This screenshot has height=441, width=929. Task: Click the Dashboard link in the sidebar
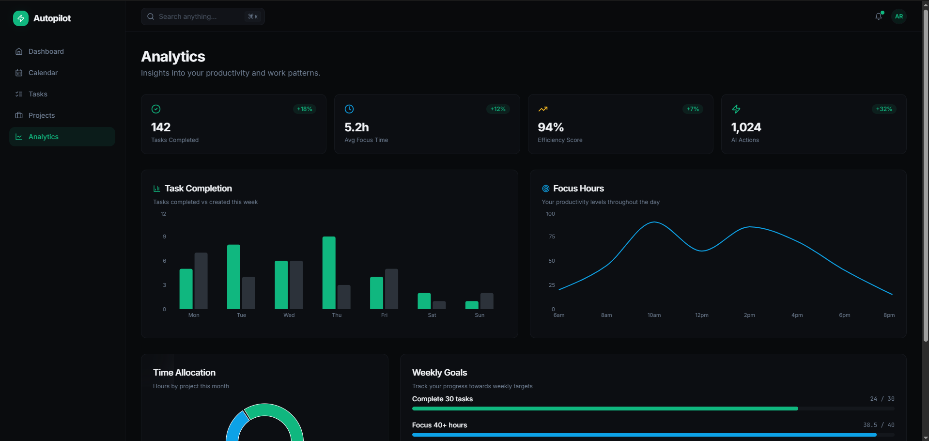tap(46, 51)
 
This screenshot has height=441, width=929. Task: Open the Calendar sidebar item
tap(43, 73)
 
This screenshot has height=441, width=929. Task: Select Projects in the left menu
tap(41, 115)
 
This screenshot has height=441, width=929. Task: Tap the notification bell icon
tap(879, 16)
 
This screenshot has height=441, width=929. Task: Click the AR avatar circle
tap(899, 16)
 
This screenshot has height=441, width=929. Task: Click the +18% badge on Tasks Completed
tap(304, 109)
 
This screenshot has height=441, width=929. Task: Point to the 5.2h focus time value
tap(356, 127)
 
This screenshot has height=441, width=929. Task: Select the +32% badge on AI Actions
tap(884, 109)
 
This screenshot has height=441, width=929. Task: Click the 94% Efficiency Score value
tap(551, 127)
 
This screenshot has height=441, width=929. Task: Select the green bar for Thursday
tap(329, 273)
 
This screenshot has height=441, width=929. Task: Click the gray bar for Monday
tap(201, 281)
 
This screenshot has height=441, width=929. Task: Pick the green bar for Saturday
tap(424, 301)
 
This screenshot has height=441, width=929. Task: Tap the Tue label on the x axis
tap(241, 315)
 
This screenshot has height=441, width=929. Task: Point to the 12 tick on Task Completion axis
tap(163, 214)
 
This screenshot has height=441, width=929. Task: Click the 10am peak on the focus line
tap(654, 222)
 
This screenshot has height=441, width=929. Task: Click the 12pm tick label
tap(701, 315)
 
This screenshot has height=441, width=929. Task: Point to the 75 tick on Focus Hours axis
tap(552, 236)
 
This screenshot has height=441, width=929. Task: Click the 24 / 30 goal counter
tap(882, 399)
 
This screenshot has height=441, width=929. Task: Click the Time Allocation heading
tap(184, 373)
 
